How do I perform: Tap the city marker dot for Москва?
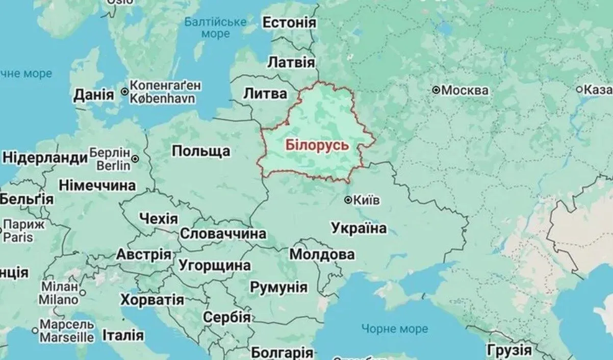[436, 90]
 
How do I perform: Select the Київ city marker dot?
[348, 200]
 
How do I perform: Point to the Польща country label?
[201, 151]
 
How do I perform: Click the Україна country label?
[359, 228]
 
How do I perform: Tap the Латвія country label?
[291, 63]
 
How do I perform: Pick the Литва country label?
[265, 93]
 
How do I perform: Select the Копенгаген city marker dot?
[124, 92]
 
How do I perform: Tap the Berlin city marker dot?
[135, 159]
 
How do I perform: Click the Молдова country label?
[322, 254]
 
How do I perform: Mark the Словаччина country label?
[223, 234]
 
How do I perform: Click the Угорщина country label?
[215, 265]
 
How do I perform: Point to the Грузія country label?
[509, 351]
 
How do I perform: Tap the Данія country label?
[93, 95]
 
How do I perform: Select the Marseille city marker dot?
[35, 331]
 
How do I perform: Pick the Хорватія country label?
[151, 299]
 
